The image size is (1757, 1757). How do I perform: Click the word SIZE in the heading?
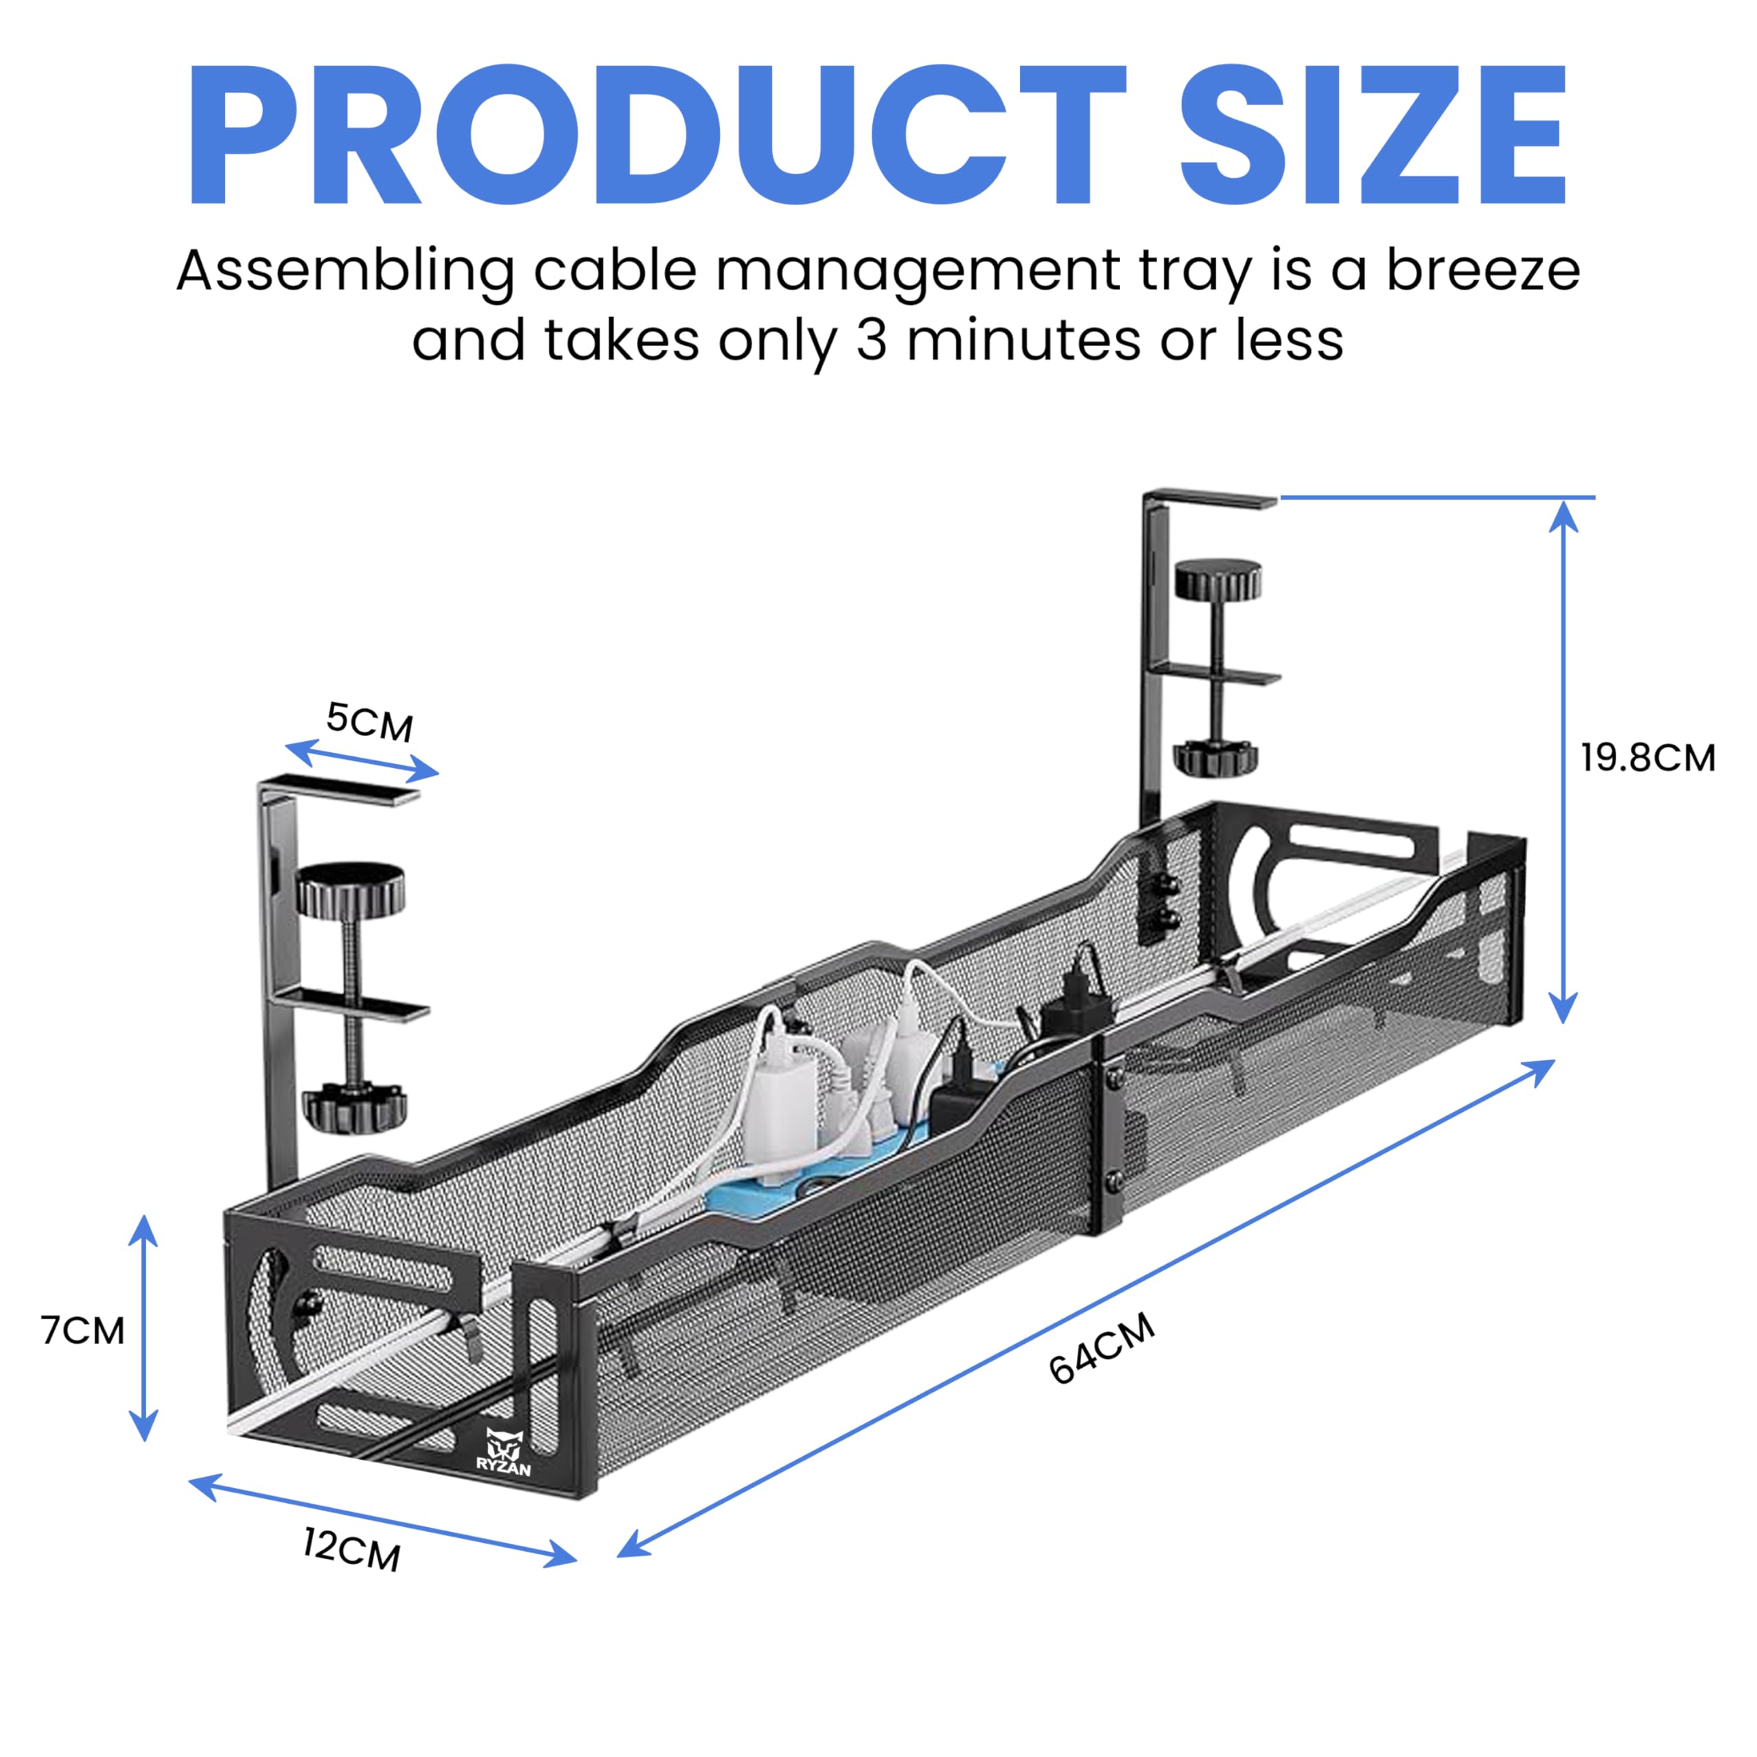pos(1373,135)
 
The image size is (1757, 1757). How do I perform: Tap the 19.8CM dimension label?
pos(1648,758)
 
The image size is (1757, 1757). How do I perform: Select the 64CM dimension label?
pos(1102,1349)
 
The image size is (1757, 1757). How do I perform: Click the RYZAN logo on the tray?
pos(504,1452)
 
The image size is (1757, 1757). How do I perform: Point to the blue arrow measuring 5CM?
pos(362,760)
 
